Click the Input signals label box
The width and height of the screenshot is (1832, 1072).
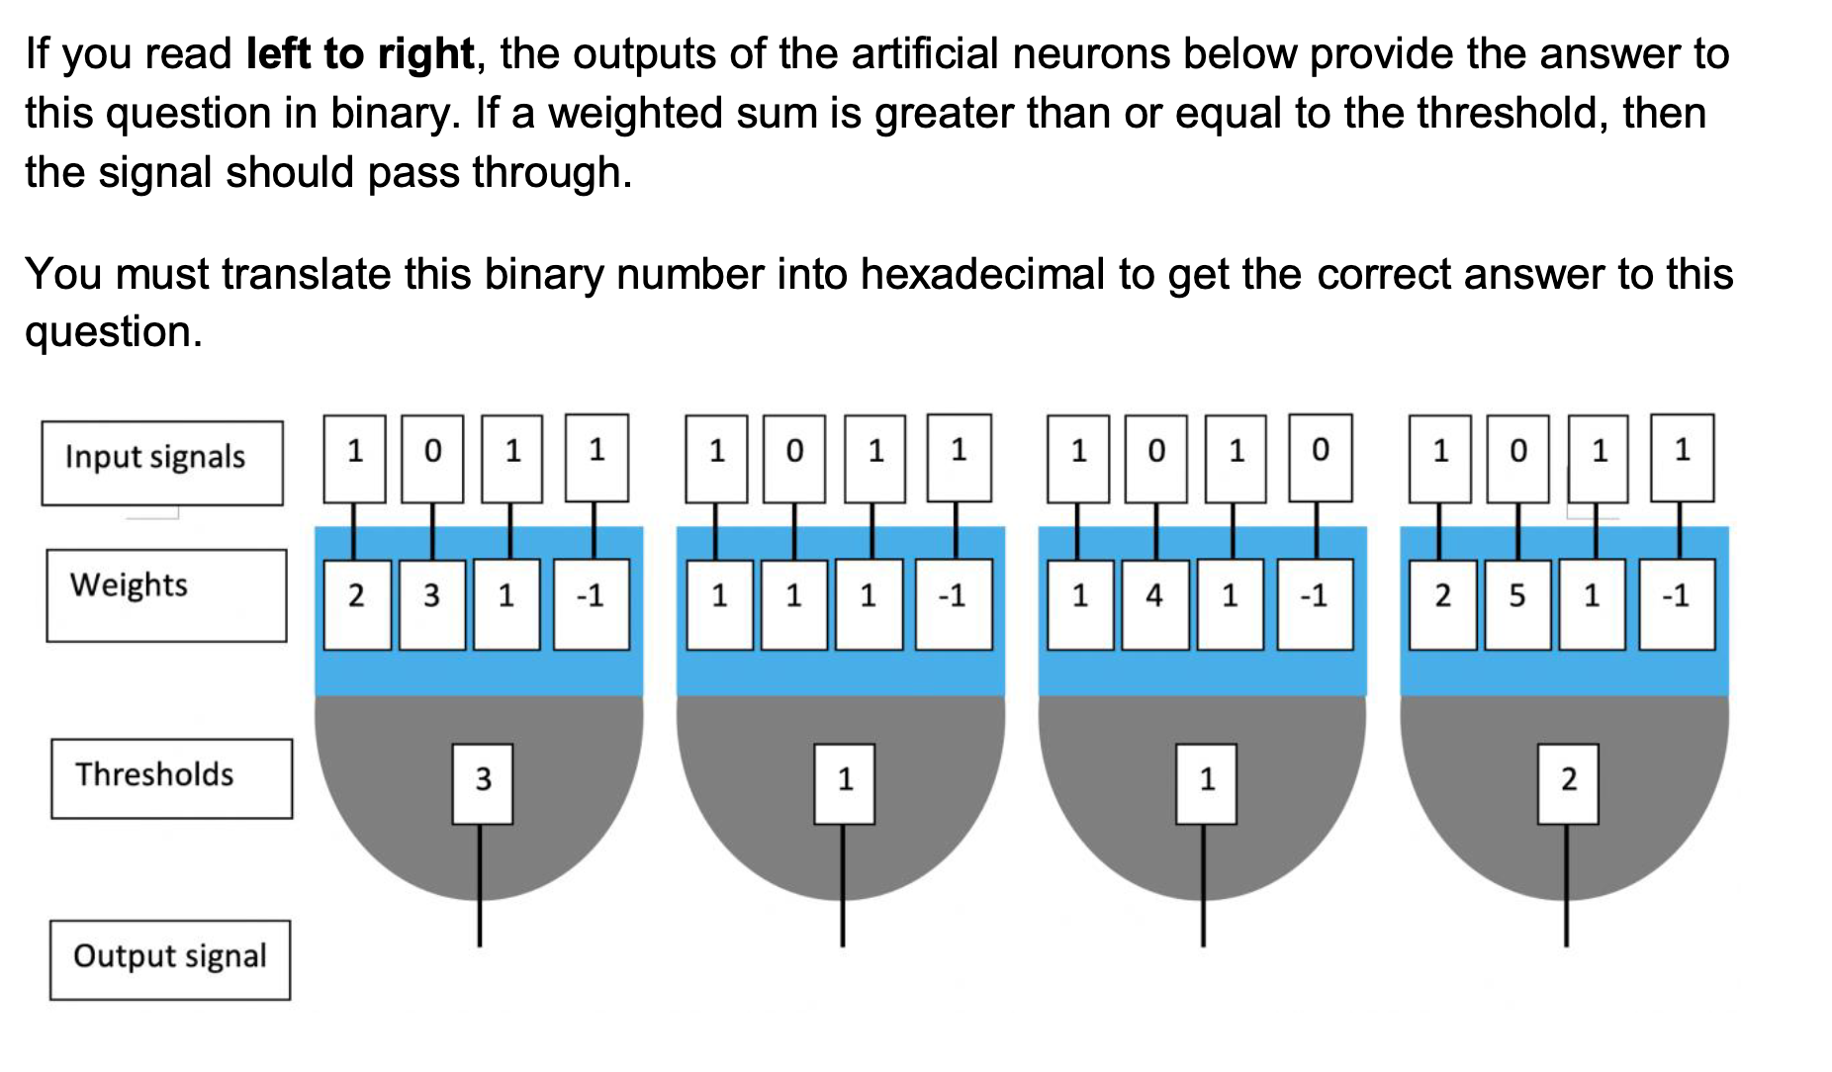[161, 463]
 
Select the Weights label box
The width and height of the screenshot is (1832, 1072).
[166, 594]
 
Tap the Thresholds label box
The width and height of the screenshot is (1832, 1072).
[171, 778]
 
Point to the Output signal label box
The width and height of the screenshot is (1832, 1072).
[169, 959]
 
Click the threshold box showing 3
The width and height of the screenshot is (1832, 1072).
[482, 783]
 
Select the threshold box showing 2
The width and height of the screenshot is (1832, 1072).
[1567, 783]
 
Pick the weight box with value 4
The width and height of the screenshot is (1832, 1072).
[1154, 603]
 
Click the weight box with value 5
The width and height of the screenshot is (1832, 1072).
[1516, 603]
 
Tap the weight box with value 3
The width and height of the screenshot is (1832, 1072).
[431, 603]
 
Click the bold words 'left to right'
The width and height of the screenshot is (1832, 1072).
[360, 54]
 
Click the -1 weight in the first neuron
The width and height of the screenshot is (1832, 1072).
[591, 603]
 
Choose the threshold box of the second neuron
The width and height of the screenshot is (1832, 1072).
[844, 783]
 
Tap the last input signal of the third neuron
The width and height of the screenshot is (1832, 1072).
[1320, 458]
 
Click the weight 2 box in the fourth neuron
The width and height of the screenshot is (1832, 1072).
[1442, 603]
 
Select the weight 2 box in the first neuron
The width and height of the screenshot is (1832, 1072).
[356, 603]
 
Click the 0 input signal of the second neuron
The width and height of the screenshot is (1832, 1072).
[794, 458]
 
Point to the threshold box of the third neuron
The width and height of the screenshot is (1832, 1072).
[1206, 783]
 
